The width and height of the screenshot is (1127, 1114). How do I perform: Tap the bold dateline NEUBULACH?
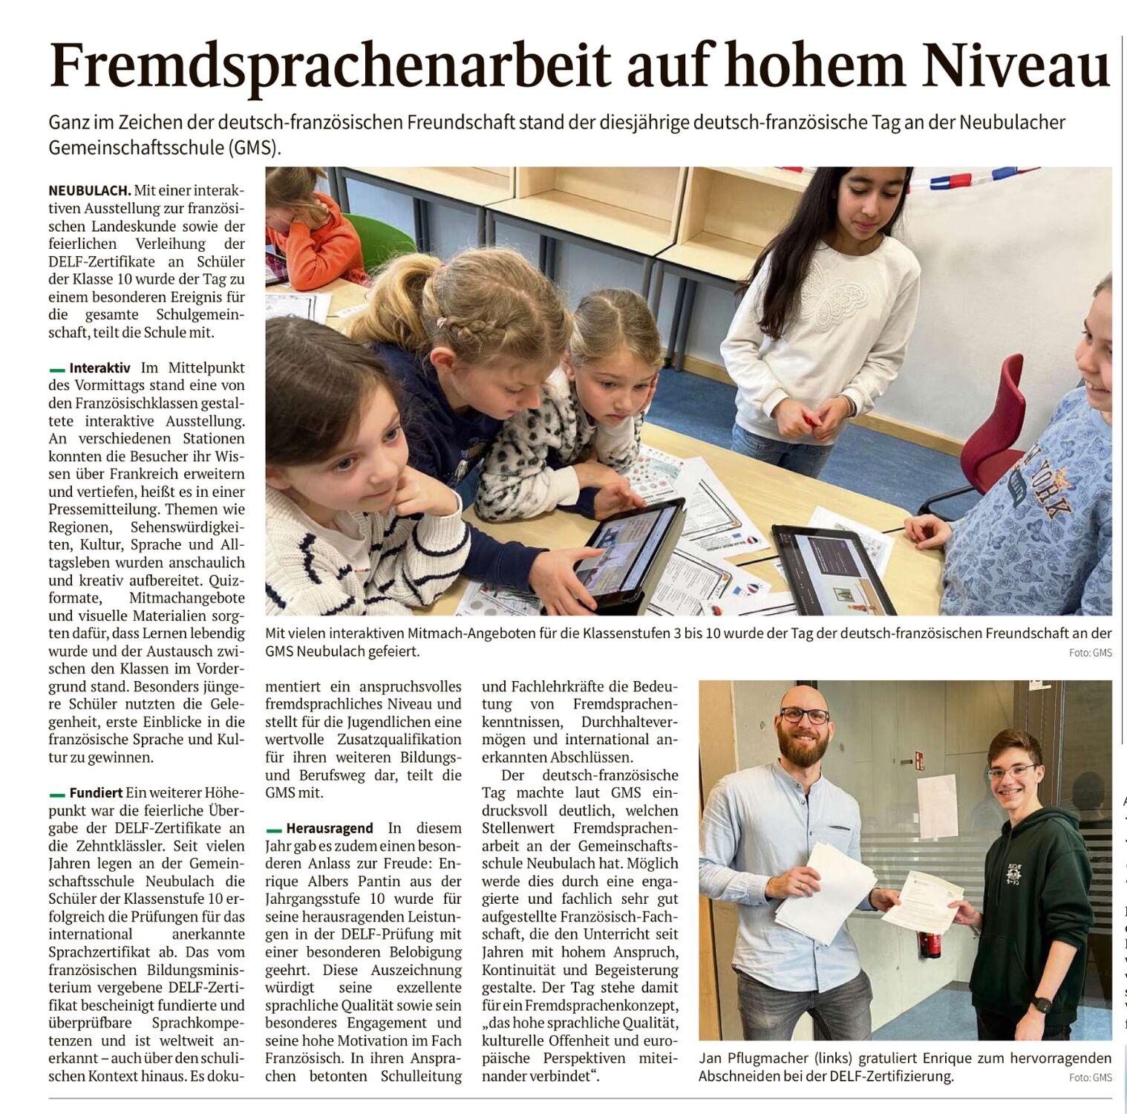pos(90,191)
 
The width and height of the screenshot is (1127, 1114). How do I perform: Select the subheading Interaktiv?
pos(99,368)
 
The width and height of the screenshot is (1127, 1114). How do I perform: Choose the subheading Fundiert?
pos(97,792)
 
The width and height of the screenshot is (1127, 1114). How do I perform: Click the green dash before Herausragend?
pos(273,829)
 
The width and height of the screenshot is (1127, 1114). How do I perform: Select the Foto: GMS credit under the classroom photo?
pos(1090,653)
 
